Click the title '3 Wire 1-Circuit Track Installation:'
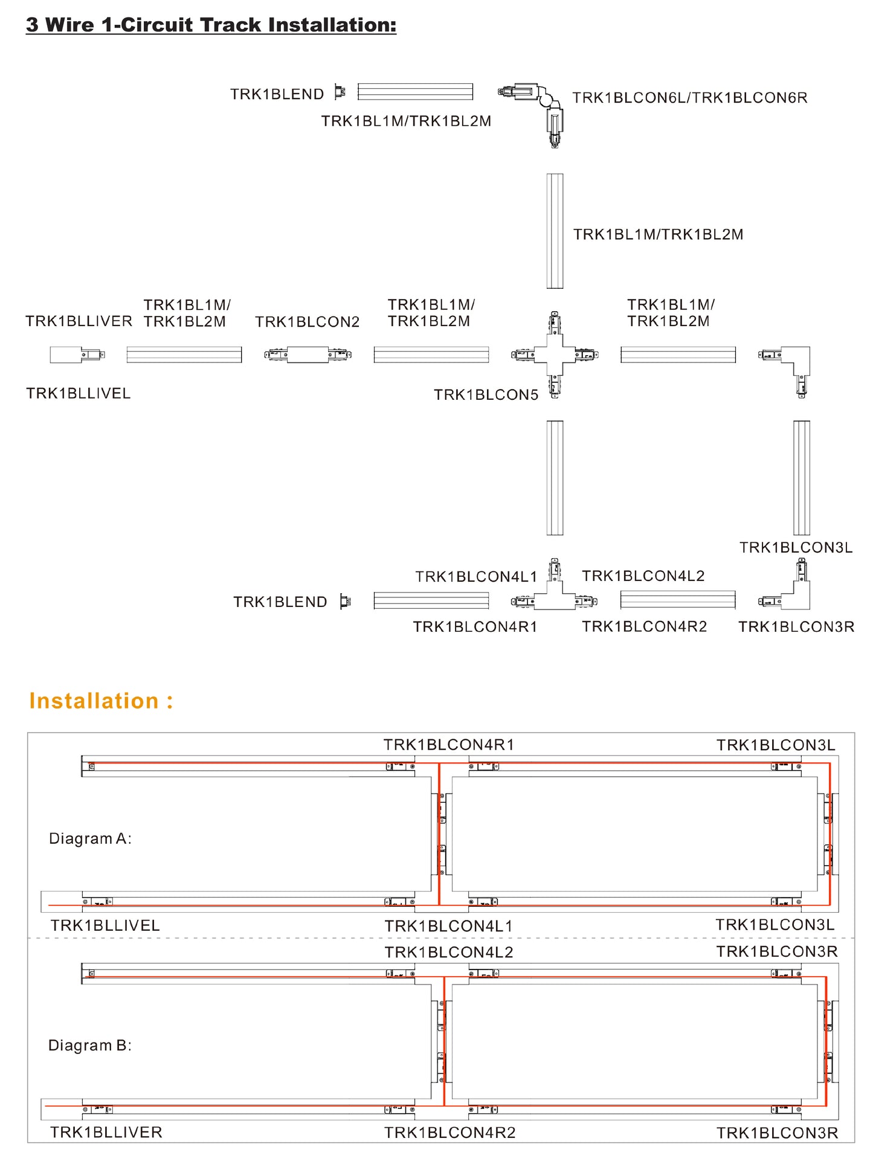(x=211, y=25)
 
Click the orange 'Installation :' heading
(x=101, y=701)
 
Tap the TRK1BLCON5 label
(x=486, y=394)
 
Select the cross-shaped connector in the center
(x=555, y=355)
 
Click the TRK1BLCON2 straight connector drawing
(x=308, y=355)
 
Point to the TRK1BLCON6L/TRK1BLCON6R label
(x=689, y=98)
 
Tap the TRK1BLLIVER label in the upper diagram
(x=79, y=321)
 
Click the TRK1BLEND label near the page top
(x=277, y=94)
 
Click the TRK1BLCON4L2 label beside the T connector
(x=643, y=576)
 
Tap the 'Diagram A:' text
(x=90, y=838)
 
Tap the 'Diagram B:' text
(x=90, y=1046)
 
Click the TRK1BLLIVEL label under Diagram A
(x=105, y=925)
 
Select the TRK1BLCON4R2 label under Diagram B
(x=449, y=1133)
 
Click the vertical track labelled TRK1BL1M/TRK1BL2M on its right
(x=555, y=231)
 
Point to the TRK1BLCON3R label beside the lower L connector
(x=796, y=627)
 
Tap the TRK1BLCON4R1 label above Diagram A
(x=448, y=745)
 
